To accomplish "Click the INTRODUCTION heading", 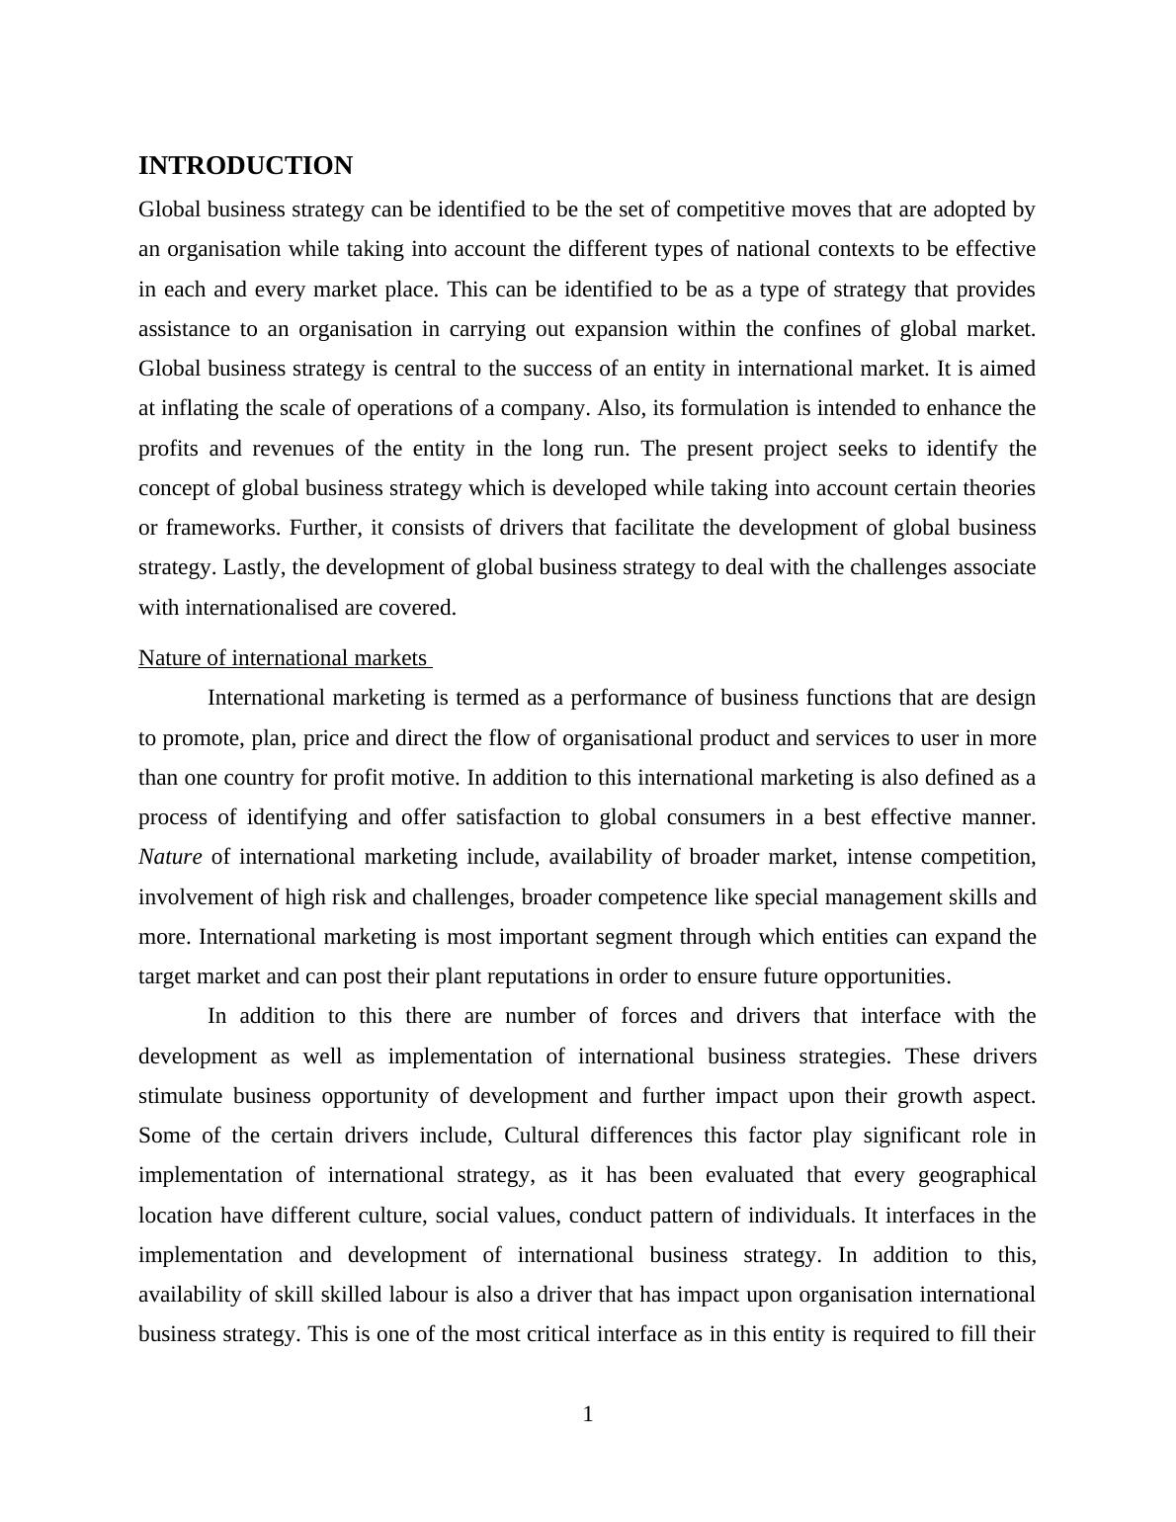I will point(245,166).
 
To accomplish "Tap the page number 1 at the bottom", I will point(588,1414).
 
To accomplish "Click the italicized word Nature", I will point(170,857).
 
